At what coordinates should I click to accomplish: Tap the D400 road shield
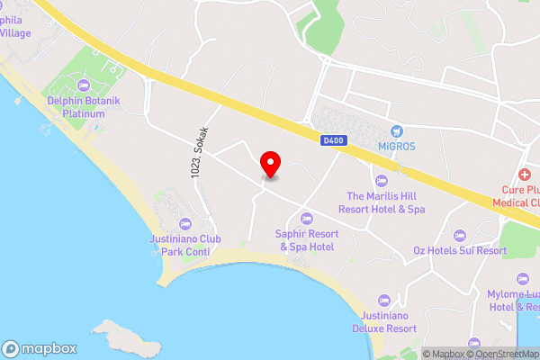[x=332, y=139]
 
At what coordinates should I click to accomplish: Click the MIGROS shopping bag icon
[x=395, y=131]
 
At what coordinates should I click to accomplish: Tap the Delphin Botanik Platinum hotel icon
[x=85, y=85]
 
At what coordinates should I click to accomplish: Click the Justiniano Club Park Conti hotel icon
[x=185, y=223]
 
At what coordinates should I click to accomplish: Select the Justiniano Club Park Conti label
[x=185, y=245]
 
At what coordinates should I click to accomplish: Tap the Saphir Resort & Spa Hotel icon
[x=306, y=219]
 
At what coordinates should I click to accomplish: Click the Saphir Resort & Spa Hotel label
[x=306, y=240]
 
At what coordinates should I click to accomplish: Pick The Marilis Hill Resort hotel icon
[x=381, y=181]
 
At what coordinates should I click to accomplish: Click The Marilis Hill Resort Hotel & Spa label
[x=381, y=202]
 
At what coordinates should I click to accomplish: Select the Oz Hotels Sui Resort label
[x=460, y=251]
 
